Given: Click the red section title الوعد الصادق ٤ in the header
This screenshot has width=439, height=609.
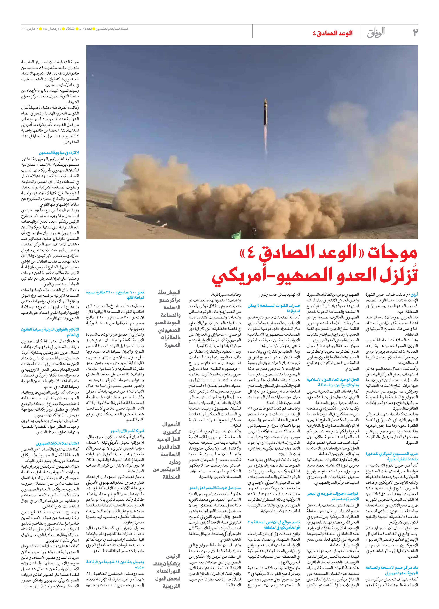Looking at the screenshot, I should (332, 33).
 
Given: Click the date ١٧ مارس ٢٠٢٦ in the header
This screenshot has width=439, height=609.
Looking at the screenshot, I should (32, 29).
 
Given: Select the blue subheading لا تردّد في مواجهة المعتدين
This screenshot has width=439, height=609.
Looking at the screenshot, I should (59, 153).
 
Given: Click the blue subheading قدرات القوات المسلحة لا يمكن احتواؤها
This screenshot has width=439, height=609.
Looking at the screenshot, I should (274, 308).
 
